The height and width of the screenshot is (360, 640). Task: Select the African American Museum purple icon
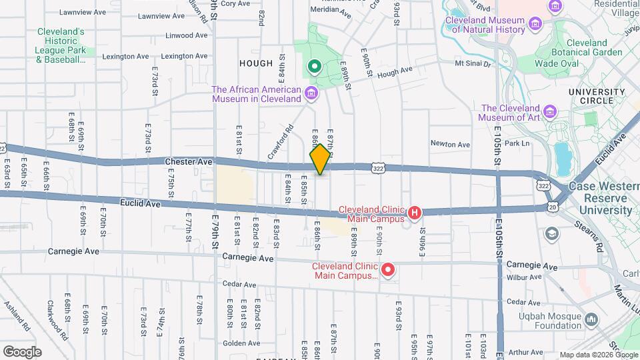click(311, 94)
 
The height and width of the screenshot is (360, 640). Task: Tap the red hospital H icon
click(414, 213)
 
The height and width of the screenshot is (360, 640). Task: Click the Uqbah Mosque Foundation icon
click(591, 321)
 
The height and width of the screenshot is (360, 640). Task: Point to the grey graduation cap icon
click(552, 233)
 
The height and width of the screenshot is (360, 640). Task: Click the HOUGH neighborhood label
click(256, 63)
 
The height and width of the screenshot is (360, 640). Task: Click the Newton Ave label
click(450, 144)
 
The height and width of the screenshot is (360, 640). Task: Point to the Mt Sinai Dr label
click(472, 64)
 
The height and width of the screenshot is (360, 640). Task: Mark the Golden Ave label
click(237, 343)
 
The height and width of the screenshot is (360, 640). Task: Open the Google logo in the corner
click(22, 351)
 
